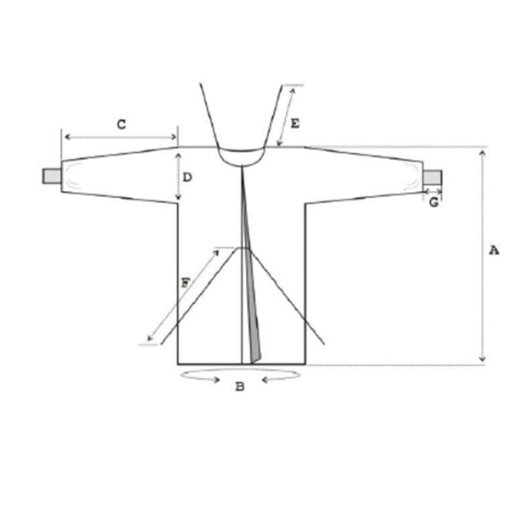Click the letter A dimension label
494,250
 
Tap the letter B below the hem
240,386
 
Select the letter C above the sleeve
122,124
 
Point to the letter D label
188,177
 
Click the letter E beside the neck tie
295,123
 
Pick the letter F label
185,283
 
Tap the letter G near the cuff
433,202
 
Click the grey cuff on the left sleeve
52,176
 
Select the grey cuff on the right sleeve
432,177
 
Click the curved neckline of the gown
241,165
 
